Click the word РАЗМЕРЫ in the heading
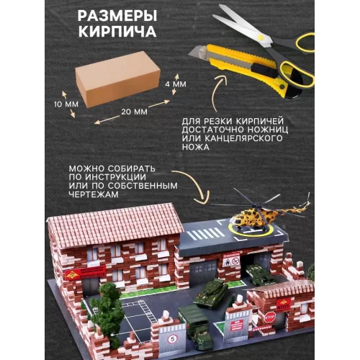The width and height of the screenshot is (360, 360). pos(117,16)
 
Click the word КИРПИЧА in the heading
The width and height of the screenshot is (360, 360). pos(117,31)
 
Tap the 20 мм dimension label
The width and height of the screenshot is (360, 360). pos(134,112)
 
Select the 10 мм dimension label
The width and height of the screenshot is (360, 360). pos(66,104)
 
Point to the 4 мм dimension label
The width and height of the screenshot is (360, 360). pos(176,84)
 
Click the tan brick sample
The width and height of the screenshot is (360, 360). pos(117,79)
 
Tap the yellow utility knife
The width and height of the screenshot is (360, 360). pos(240,67)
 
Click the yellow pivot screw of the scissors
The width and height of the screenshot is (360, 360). pos(260,37)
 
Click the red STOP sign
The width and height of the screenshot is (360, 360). pos(270,318)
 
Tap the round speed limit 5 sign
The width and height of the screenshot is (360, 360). pos(172,339)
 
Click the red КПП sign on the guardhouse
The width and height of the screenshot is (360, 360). pos(284,305)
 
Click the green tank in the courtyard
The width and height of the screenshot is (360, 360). pos(211,292)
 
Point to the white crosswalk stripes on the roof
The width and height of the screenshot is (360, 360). pos(206,234)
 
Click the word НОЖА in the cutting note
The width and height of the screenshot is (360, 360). pos(196,147)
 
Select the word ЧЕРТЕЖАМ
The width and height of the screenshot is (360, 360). pos(94,194)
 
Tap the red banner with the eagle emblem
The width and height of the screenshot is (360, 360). pos(85,273)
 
